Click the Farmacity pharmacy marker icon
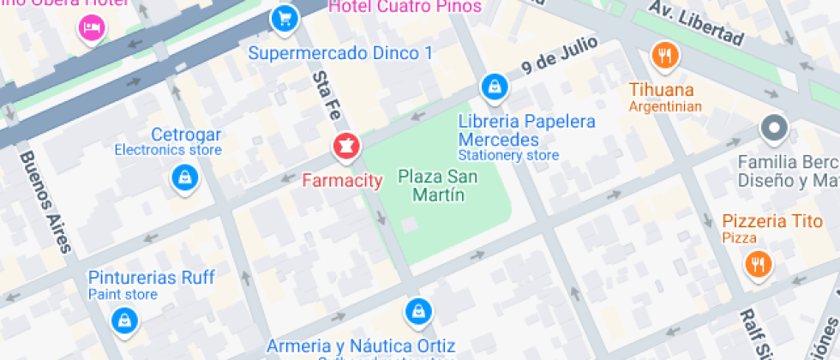coord(346,147)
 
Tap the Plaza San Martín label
coord(431,186)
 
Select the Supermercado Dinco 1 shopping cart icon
coord(284,17)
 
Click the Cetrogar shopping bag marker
coord(184,178)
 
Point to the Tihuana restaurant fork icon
coord(664,56)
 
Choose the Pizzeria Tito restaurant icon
coord(757,264)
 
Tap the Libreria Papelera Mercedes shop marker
coord(494,86)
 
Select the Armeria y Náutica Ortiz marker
coord(417,310)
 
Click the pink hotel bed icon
coord(91,27)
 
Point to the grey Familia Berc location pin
coord(774,129)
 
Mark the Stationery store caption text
coord(508,156)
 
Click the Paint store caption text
coord(123,295)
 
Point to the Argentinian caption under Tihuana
coord(665,107)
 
